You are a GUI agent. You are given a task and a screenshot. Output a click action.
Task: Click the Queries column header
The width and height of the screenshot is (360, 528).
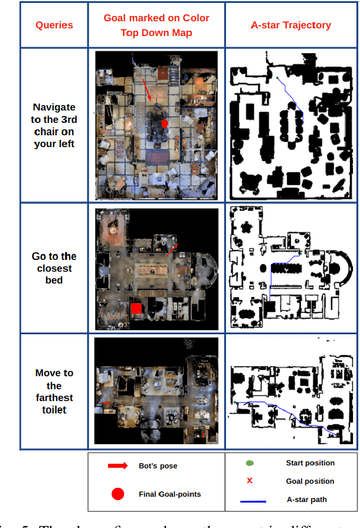54,25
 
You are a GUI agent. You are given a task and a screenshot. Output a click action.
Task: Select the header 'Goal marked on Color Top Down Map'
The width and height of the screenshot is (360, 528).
156,25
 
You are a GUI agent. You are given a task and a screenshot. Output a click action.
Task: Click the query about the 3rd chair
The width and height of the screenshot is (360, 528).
54,125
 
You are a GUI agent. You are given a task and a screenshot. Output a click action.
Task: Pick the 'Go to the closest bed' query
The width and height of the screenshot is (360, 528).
54,268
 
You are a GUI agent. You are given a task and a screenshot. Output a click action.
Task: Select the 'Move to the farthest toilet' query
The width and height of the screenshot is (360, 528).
54,391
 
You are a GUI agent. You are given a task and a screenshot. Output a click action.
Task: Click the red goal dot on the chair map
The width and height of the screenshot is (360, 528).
165,123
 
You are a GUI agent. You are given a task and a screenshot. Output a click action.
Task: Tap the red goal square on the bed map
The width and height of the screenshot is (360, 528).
136,308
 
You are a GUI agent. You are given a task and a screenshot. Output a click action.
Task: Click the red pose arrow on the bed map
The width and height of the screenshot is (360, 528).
172,249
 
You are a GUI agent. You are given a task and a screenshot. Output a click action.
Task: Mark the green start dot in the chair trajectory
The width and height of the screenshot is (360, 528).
277,77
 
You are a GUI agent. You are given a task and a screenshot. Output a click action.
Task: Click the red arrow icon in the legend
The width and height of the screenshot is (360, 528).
117,466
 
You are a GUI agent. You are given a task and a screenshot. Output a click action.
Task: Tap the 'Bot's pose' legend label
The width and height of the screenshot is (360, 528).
158,466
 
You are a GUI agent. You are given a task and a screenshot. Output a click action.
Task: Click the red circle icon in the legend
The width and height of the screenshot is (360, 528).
117,494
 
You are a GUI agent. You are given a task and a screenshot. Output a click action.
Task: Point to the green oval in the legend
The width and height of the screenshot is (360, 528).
250,463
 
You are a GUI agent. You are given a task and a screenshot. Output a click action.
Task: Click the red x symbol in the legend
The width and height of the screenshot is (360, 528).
250,481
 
